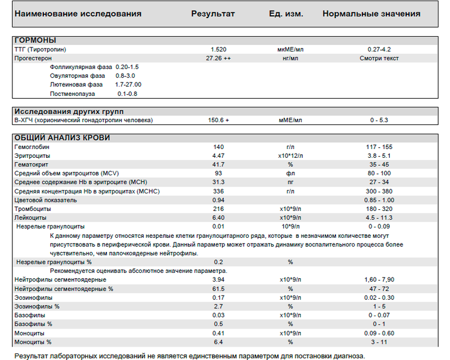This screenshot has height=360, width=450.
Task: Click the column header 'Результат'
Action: point(213,13)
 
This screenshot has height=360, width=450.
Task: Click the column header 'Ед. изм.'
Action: point(286,13)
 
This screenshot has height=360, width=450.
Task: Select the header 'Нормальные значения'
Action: point(371,13)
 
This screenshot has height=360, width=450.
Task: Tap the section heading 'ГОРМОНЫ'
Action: point(35,40)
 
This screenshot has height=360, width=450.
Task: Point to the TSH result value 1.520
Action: point(218,50)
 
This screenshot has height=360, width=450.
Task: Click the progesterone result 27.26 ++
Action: point(218,58)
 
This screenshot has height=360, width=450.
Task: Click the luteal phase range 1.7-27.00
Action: point(128,85)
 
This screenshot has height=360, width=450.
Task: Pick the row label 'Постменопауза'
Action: point(72,94)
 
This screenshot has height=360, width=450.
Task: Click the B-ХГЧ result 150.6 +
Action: point(218,120)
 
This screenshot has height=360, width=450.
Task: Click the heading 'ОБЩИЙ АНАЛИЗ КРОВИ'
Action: point(62,138)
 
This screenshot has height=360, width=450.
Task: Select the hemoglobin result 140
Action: point(218,147)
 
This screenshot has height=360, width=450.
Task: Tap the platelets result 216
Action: point(218,209)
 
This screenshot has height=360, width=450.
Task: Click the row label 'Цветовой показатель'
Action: point(46,200)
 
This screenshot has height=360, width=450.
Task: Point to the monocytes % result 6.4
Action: point(218,342)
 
